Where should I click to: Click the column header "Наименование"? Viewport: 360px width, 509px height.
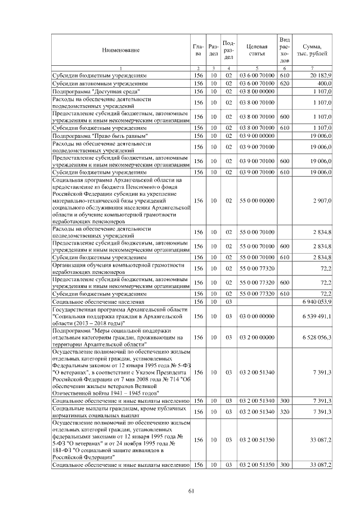tap(121, 51)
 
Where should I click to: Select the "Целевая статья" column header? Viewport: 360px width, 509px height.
tap(257, 51)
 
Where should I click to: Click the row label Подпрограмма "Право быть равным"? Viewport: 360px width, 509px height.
tap(100, 136)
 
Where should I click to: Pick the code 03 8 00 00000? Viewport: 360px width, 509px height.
tap(257, 91)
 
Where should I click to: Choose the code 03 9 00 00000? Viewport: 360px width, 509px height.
tap(257, 136)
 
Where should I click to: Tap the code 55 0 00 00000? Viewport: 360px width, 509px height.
tap(257, 200)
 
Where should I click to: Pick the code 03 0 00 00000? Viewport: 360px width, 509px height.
tap(257, 317)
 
